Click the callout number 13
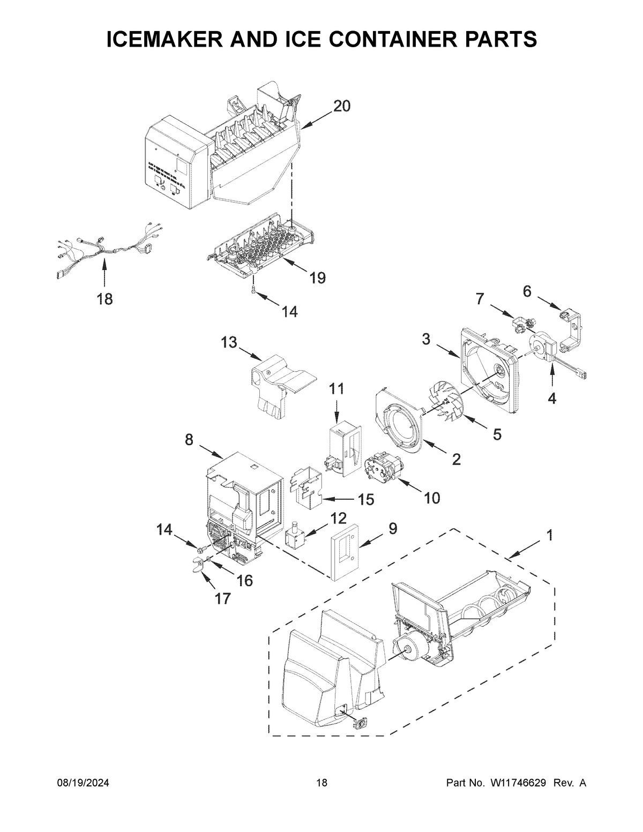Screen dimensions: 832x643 [229, 342]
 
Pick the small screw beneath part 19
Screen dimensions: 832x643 [254, 290]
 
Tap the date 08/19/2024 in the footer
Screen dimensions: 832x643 [83, 783]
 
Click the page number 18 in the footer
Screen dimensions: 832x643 [322, 783]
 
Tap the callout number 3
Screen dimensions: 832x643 [426, 339]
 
